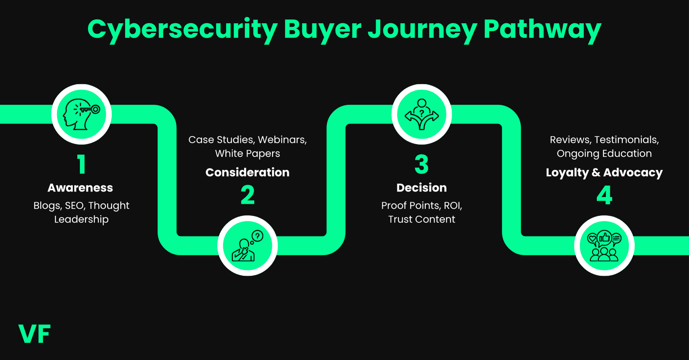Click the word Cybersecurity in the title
coord(182,30)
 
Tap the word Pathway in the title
coord(542,30)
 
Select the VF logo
coord(34,334)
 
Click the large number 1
coord(81,165)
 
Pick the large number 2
coord(248,195)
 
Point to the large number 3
coord(421,165)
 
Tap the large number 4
coord(604,195)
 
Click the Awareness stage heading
coord(80,188)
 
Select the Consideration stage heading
coord(247,172)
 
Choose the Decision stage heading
coord(421,188)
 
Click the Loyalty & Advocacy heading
coord(604,172)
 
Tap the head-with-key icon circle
coord(82,114)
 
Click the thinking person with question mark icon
coord(248,245)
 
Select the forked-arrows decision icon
coord(422,114)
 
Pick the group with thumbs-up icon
coord(604,245)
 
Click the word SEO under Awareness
coord(75,206)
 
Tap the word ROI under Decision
coord(452,206)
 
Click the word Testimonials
coord(626,140)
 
